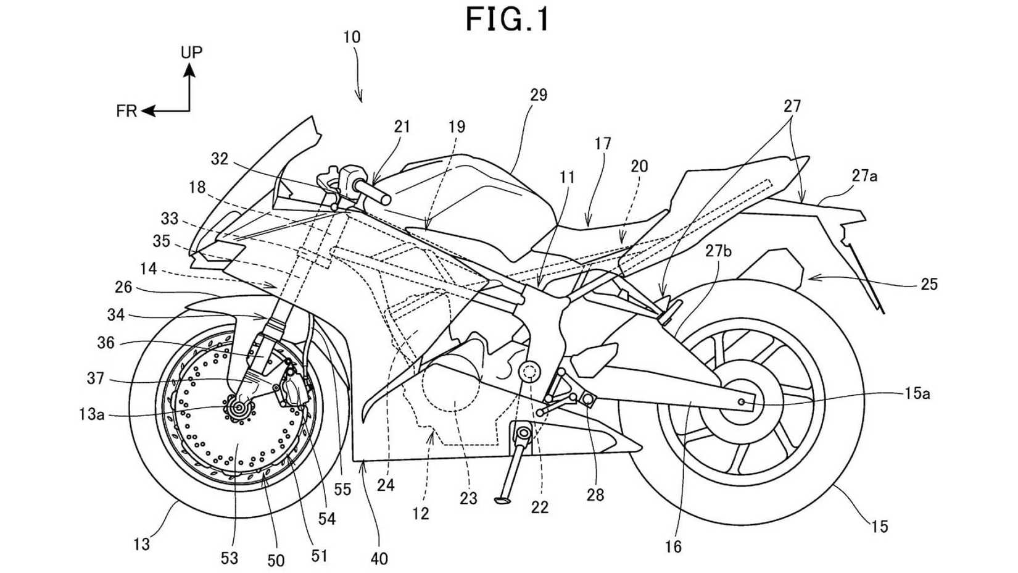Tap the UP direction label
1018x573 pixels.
[191, 52]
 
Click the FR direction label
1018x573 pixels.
[126, 112]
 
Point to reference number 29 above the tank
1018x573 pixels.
[538, 95]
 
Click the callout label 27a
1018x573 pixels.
[864, 176]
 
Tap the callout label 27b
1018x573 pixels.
[719, 251]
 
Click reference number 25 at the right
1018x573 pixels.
[929, 285]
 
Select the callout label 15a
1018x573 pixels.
[917, 393]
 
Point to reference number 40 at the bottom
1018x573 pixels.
[379, 558]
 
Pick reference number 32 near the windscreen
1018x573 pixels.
[220, 159]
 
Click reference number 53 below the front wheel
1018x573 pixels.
[229, 558]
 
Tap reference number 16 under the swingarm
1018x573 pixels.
[673, 546]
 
